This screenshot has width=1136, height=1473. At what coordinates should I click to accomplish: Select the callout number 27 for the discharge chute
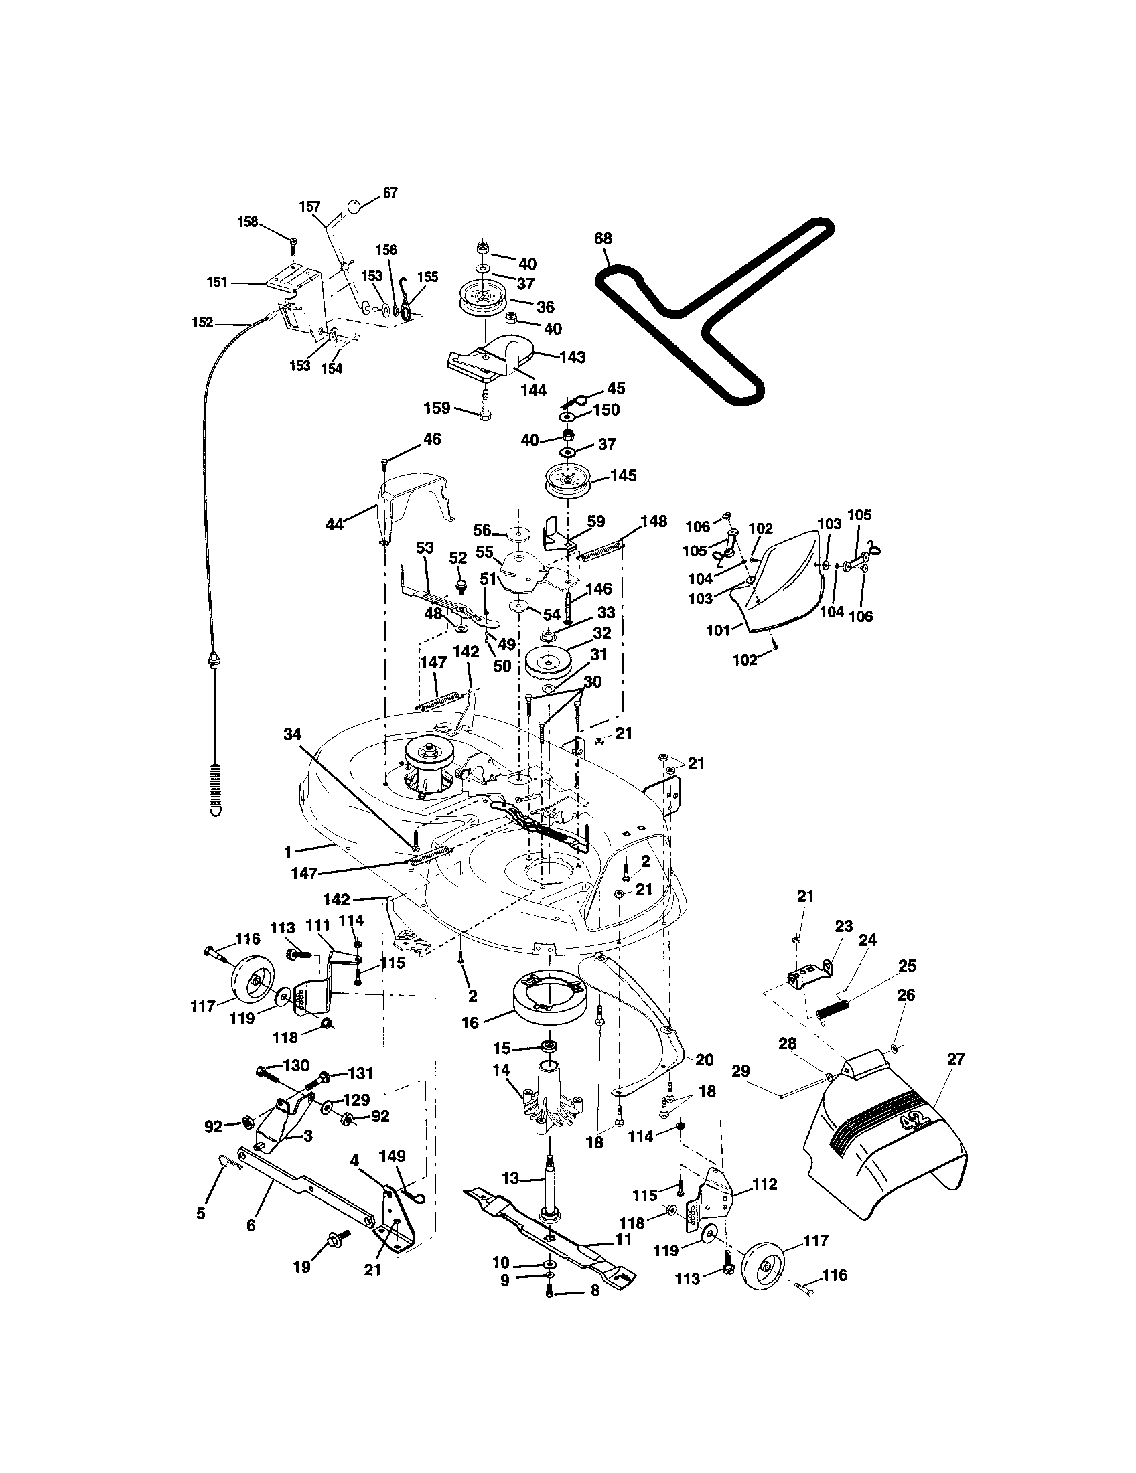point(956,1059)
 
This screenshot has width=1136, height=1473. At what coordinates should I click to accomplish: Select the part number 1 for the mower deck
point(288,852)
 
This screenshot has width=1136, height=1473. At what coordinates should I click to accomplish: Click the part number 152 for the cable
point(202,323)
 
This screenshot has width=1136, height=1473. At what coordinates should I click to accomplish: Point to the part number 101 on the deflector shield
point(719,631)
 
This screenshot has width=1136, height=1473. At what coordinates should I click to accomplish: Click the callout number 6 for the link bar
point(251,1225)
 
